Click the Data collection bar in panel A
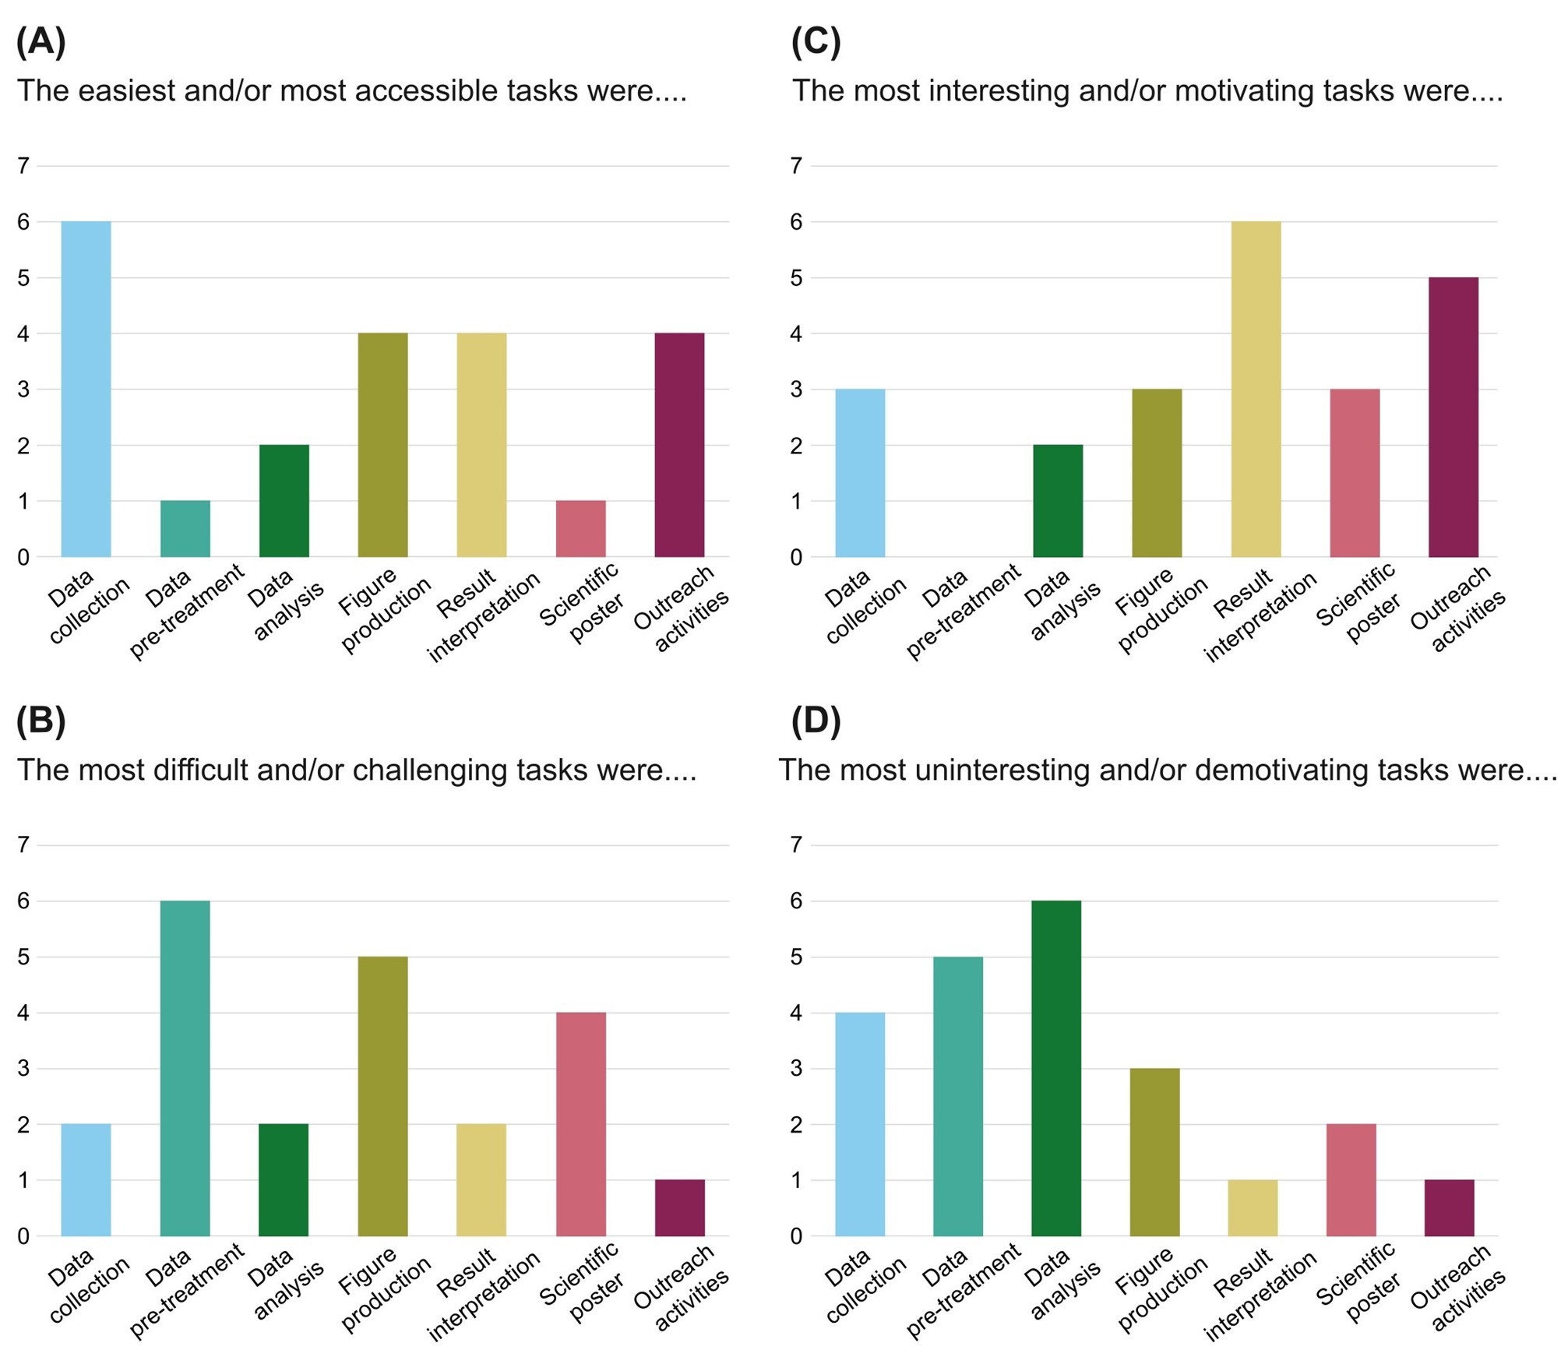tap(86, 389)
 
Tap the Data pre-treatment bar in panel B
tap(185, 1068)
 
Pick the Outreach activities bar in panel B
tap(679, 1207)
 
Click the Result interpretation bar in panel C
tap(1256, 389)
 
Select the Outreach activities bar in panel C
tap(1453, 417)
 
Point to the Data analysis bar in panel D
tap(1056, 1068)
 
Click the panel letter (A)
tap(41, 41)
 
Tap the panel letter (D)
tap(816, 720)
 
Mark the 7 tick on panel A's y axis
tap(23, 165)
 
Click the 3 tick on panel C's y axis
tap(796, 389)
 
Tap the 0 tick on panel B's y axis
tap(23, 1236)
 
